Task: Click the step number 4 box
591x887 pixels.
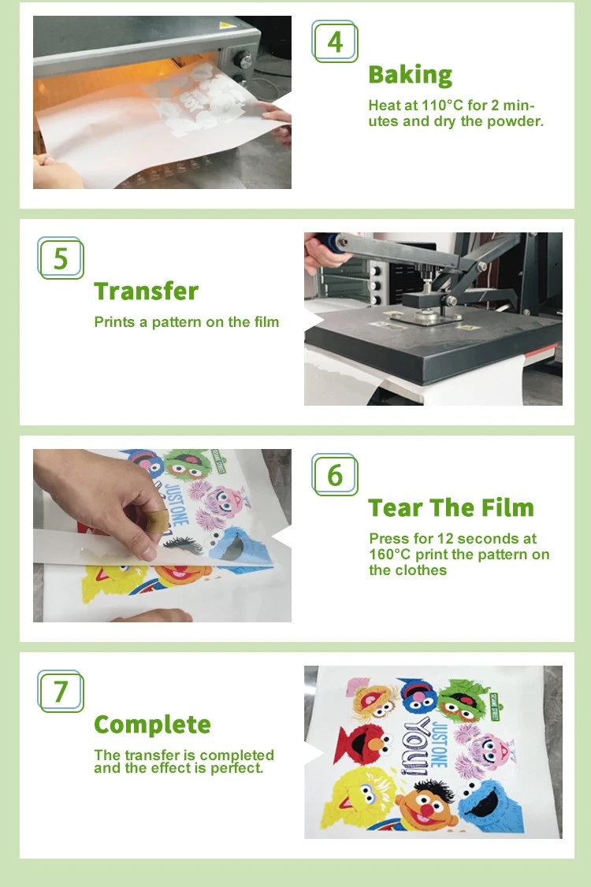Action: click(335, 41)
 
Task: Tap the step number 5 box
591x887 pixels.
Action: click(61, 258)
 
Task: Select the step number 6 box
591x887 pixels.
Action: click(335, 474)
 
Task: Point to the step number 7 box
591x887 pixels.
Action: click(61, 692)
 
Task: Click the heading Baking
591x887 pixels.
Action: click(411, 75)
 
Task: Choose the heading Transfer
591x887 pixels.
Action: click(146, 291)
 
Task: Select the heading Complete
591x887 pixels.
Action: click(152, 725)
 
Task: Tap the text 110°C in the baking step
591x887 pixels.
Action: click(441, 106)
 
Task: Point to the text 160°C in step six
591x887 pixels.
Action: click(389, 555)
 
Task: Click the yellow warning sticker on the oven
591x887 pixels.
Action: click(226, 25)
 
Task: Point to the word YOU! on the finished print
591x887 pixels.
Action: click(415, 746)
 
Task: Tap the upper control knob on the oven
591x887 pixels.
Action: click(243, 59)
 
